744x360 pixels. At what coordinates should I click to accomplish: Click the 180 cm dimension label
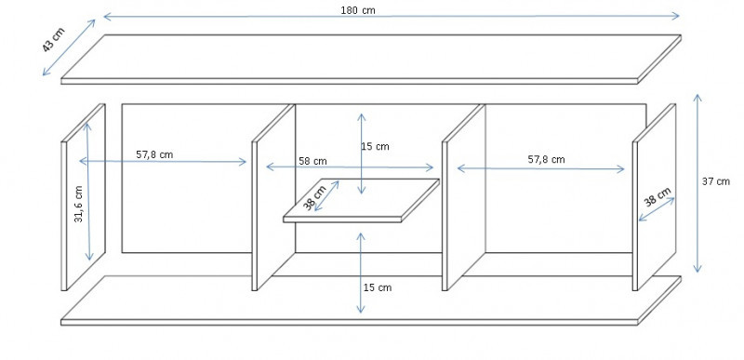pyautogui.click(x=358, y=10)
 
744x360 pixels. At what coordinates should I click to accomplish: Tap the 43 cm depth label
pyautogui.click(x=53, y=40)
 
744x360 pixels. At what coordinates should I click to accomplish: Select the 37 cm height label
pyautogui.click(x=716, y=181)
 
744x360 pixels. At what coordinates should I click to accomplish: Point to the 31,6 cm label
pyautogui.click(x=79, y=204)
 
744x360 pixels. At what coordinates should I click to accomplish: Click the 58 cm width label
pyautogui.click(x=312, y=161)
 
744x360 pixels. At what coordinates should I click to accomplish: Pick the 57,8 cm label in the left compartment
pyautogui.click(x=154, y=154)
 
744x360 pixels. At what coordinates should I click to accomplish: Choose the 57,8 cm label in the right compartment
pyautogui.click(x=546, y=159)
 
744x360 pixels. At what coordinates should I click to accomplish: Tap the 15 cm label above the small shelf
pyautogui.click(x=375, y=147)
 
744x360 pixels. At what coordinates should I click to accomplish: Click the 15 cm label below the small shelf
pyautogui.click(x=378, y=287)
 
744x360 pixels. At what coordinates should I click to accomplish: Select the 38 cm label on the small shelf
pyautogui.click(x=314, y=198)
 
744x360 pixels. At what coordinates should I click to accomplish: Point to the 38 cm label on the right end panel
pyautogui.click(x=658, y=196)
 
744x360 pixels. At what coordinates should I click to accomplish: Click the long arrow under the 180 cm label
pyautogui.click(x=392, y=17)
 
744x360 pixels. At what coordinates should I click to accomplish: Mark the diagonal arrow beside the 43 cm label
pyautogui.click(x=69, y=47)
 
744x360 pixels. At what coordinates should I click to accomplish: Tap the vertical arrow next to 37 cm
pyautogui.click(x=697, y=183)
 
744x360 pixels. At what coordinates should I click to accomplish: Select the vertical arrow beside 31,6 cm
pyautogui.click(x=88, y=192)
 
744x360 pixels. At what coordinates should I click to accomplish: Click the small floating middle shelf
pyautogui.click(x=361, y=201)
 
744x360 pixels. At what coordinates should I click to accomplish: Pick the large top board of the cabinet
pyautogui.click(x=371, y=60)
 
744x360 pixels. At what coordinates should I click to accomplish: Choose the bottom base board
pyautogui.click(x=371, y=300)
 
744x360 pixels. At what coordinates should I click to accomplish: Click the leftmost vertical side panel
pyautogui.click(x=83, y=197)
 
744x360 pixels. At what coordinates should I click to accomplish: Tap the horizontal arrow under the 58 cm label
pyautogui.click(x=351, y=167)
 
